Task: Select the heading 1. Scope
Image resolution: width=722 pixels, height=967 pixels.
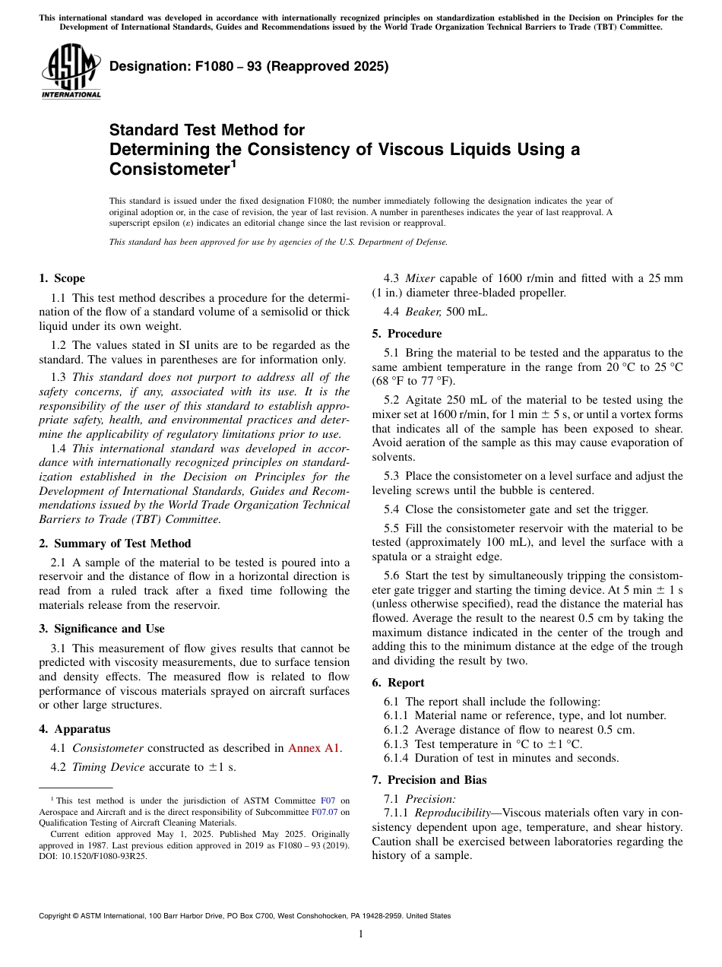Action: click(62, 278)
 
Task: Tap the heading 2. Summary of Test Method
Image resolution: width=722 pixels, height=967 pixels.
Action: click(115, 544)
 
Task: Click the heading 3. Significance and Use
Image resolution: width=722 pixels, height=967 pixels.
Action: click(101, 629)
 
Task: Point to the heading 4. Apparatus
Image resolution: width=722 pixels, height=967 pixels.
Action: click(74, 729)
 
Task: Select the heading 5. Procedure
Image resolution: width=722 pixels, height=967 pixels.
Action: click(407, 334)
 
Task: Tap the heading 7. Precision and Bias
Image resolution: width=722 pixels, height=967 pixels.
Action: click(429, 780)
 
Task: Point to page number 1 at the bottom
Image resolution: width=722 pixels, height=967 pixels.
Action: click(361, 934)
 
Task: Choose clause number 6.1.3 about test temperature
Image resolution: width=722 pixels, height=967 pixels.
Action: click(397, 744)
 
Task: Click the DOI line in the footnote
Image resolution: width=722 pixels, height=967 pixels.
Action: click(93, 856)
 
